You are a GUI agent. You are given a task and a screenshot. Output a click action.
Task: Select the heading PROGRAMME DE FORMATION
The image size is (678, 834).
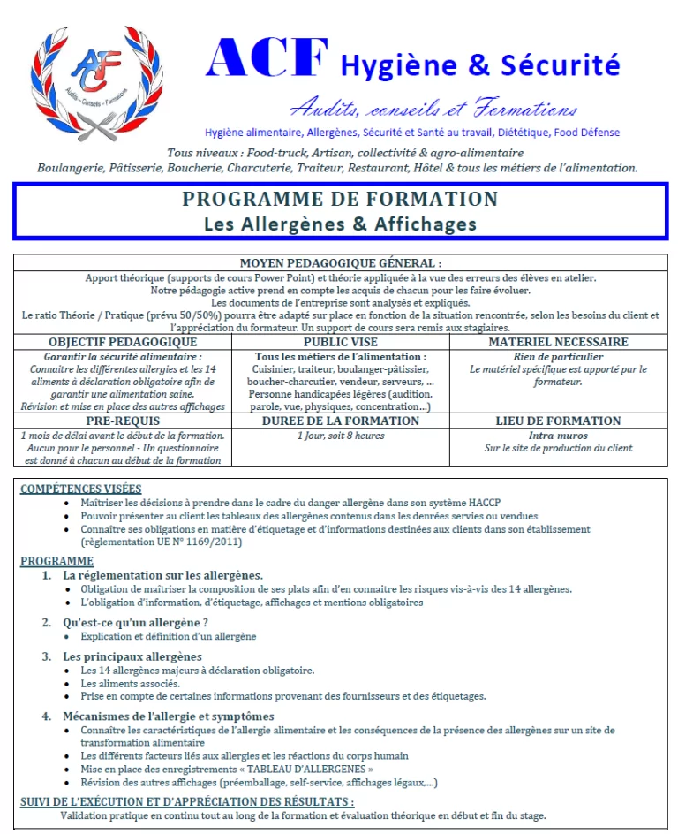340,199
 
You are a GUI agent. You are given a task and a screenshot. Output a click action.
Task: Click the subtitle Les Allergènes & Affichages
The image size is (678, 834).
340,224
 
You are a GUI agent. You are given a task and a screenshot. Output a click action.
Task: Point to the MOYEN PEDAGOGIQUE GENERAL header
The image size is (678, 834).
340,263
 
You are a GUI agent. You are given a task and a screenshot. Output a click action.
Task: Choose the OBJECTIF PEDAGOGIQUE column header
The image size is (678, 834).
123,342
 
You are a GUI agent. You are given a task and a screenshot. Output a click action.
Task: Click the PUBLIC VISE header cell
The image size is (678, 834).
340,342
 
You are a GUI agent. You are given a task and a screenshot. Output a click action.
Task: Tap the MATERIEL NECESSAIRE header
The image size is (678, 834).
558,342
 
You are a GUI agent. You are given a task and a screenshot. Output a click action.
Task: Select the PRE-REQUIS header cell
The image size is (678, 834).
123,421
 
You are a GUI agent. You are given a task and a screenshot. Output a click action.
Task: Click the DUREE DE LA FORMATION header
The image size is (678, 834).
340,421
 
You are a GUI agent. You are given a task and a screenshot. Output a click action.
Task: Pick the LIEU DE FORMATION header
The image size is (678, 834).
558,421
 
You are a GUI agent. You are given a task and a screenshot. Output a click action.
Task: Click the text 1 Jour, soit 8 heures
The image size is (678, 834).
340,436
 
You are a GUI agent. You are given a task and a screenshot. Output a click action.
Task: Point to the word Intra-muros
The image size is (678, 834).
558,436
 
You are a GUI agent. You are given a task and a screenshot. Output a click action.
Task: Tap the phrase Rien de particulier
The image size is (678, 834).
558,357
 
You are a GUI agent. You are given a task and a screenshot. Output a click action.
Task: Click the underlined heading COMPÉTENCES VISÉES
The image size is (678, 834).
80,489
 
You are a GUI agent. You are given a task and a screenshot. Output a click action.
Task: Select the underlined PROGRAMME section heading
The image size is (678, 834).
56,561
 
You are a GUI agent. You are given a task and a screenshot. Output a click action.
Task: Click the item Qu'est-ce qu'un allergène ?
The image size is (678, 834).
135,622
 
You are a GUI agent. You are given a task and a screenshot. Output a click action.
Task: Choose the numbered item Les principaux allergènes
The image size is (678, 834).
132,656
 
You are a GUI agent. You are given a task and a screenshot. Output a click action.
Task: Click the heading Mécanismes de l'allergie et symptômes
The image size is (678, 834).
168,716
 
